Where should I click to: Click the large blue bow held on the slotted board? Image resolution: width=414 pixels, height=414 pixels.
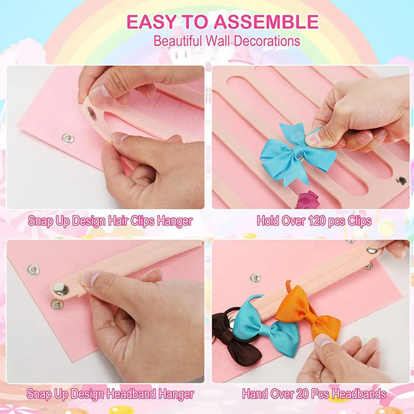coord(295,153)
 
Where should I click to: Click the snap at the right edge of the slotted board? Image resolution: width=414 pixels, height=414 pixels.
coord(401,180)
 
